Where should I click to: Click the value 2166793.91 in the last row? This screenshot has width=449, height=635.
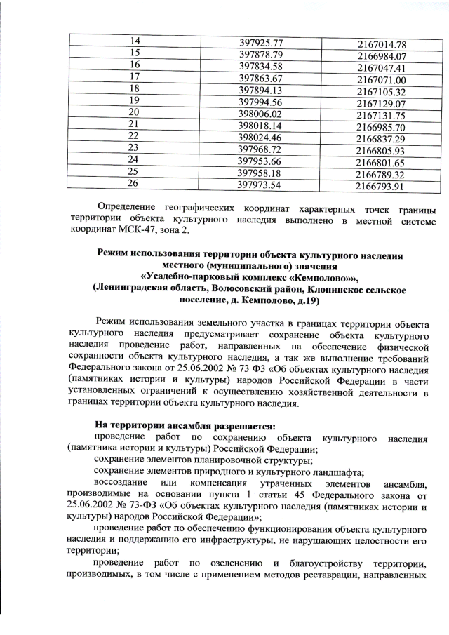[382, 187]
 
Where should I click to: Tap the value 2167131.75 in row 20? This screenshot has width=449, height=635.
[382, 116]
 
